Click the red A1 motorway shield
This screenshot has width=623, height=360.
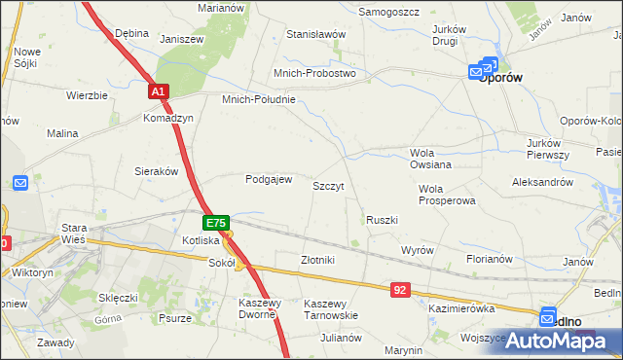pyautogui.click(x=160, y=91)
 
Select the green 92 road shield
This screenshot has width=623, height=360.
pyautogui.click(x=400, y=290)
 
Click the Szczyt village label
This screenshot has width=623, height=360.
pyautogui.click(x=328, y=185)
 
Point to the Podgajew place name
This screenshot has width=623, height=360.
pyautogui.click(x=269, y=179)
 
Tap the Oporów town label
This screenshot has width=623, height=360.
pyautogui.click(x=502, y=78)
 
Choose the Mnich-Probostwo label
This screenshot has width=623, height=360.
pyautogui.click(x=314, y=73)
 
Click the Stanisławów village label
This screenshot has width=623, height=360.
pyautogui.click(x=316, y=34)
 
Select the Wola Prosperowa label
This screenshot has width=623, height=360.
pyautogui.click(x=446, y=195)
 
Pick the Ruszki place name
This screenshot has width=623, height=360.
pyautogui.click(x=382, y=220)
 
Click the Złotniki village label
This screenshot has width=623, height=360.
pyautogui.click(x=317, y=260)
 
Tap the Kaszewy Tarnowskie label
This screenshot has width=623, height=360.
pyautogui.click(x=331, y=309)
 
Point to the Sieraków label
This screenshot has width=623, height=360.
pyautogui.click(x=156, y=170)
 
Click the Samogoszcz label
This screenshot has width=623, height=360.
pyautogui.click(x=388, y=12)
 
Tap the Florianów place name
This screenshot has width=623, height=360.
pyautogui.click(x=489, y=260)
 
